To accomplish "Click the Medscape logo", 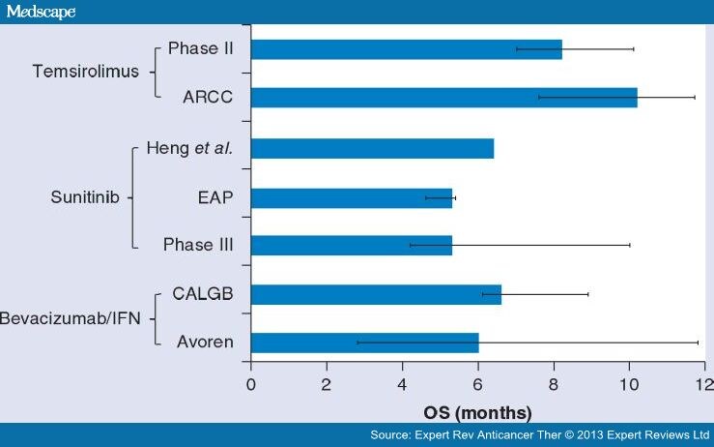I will pyautogui.click(x=39, y=11).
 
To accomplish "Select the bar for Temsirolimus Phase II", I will pyautogui.click(x=406, y=48).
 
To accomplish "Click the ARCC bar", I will pyautogui.click(x=443, y=97).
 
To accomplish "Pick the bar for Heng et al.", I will pyautogui.click(x=372, y=148).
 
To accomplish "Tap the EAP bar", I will pyautogui.click(x=352, y=197).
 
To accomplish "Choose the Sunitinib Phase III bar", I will pyautogui.click(x=352, y=245).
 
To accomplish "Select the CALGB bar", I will pyautogui.click(x=376, y=294).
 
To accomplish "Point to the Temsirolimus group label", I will pyautogui.click(x=85, y=72).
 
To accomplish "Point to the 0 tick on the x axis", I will pyautogui.click(x=251, y=384).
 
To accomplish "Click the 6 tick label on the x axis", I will pyautogui.click(x=477, y=384).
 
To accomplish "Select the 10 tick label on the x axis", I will pyautogui.click(x=629, y=384).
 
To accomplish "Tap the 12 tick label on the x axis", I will pyautogui.click(x=703, y=384).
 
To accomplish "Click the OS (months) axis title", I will pyautogui.click(x=477, y=411).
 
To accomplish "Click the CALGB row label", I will pyautogui.click(x=204, y=294).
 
